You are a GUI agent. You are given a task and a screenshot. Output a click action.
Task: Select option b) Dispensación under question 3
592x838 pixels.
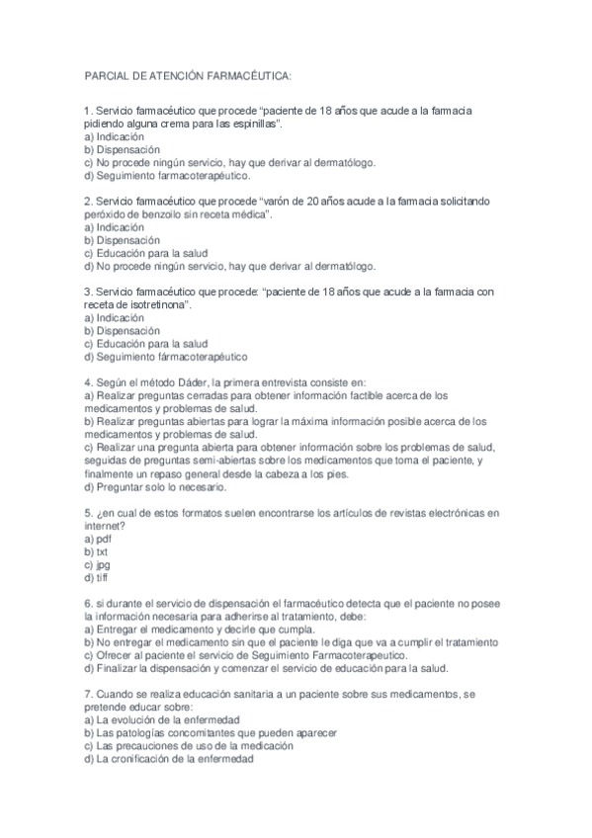click(122, 331)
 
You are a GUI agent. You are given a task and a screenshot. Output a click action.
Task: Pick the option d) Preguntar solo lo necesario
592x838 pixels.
click(156, 485)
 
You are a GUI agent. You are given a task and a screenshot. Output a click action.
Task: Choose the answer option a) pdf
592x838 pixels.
click(98, 539)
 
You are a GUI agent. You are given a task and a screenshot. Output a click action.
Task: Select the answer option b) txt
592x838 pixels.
click(96, 551)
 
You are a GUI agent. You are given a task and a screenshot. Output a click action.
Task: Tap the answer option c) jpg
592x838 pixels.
click(97, 564)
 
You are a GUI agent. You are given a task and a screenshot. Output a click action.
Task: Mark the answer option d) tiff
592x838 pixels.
click(96, 577)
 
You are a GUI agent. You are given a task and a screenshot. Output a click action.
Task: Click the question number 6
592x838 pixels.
click(88, 602)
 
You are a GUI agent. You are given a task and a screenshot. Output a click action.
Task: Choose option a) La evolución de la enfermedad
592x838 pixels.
click(162, 719)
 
